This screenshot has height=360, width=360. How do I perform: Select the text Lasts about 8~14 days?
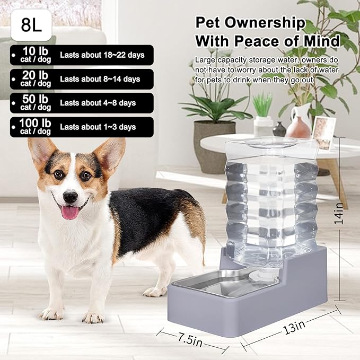(100, 79)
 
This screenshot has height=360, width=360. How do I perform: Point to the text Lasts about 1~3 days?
(98, 127)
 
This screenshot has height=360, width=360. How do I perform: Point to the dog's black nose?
(69, 196)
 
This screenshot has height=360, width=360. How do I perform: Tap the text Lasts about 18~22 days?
(102, 55)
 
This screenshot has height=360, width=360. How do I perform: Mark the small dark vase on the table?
(279, 129)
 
